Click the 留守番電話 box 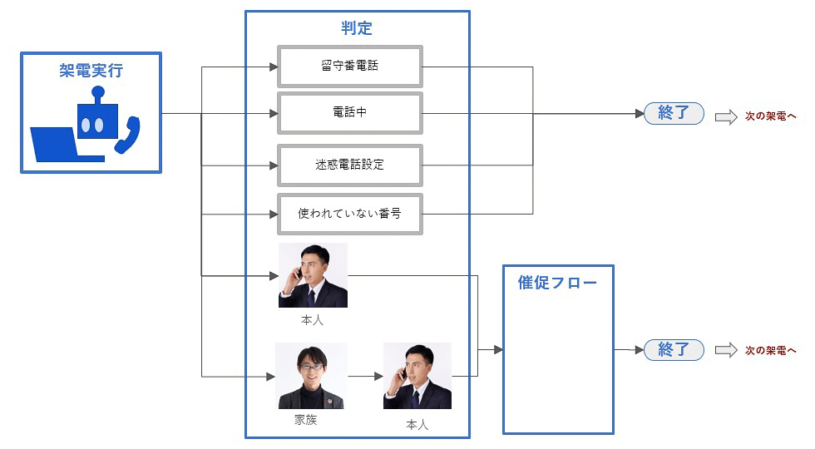pos(349,66)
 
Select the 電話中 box pos(349,113)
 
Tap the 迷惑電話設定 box pos(349,165)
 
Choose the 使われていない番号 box pos(349,214)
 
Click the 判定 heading pos(357,28)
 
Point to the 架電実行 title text pos(91,71)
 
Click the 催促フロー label pos(557,283)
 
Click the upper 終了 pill pos(674,114)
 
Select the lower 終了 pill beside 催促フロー pos(674,350)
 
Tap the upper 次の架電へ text pos(770,116)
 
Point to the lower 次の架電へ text pos(770,351)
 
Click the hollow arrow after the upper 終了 pos(726,116)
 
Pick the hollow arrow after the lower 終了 pos(726,351)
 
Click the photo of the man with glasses pos(312,375)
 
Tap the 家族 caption pos(305,420)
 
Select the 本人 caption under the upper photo pos(312,318)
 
